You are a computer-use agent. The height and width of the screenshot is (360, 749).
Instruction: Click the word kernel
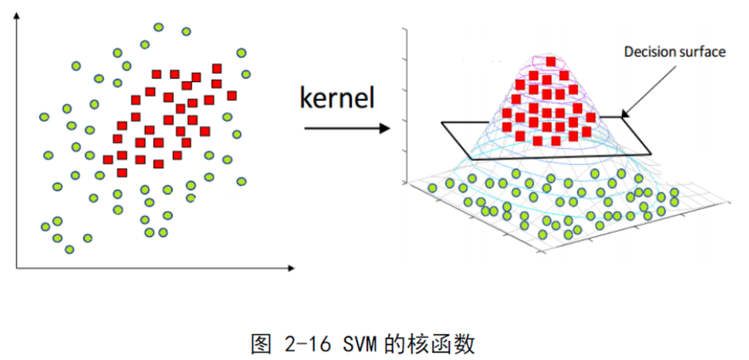(336, 99)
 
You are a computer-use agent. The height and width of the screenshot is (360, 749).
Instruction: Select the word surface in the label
(701, 51)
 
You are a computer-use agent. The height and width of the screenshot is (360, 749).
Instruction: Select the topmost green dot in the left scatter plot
(158, 27)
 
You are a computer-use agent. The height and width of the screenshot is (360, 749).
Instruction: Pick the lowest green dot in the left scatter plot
(69, 250)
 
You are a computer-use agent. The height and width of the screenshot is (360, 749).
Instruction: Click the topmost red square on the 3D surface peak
(551, 62)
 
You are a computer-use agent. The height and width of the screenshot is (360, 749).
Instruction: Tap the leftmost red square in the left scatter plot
(108, 160)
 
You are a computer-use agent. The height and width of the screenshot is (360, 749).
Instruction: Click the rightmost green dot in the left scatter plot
(246, 74)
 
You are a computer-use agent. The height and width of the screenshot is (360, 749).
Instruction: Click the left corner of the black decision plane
(442, 122)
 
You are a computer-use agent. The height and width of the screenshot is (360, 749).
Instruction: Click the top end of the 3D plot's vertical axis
(405, 30)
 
